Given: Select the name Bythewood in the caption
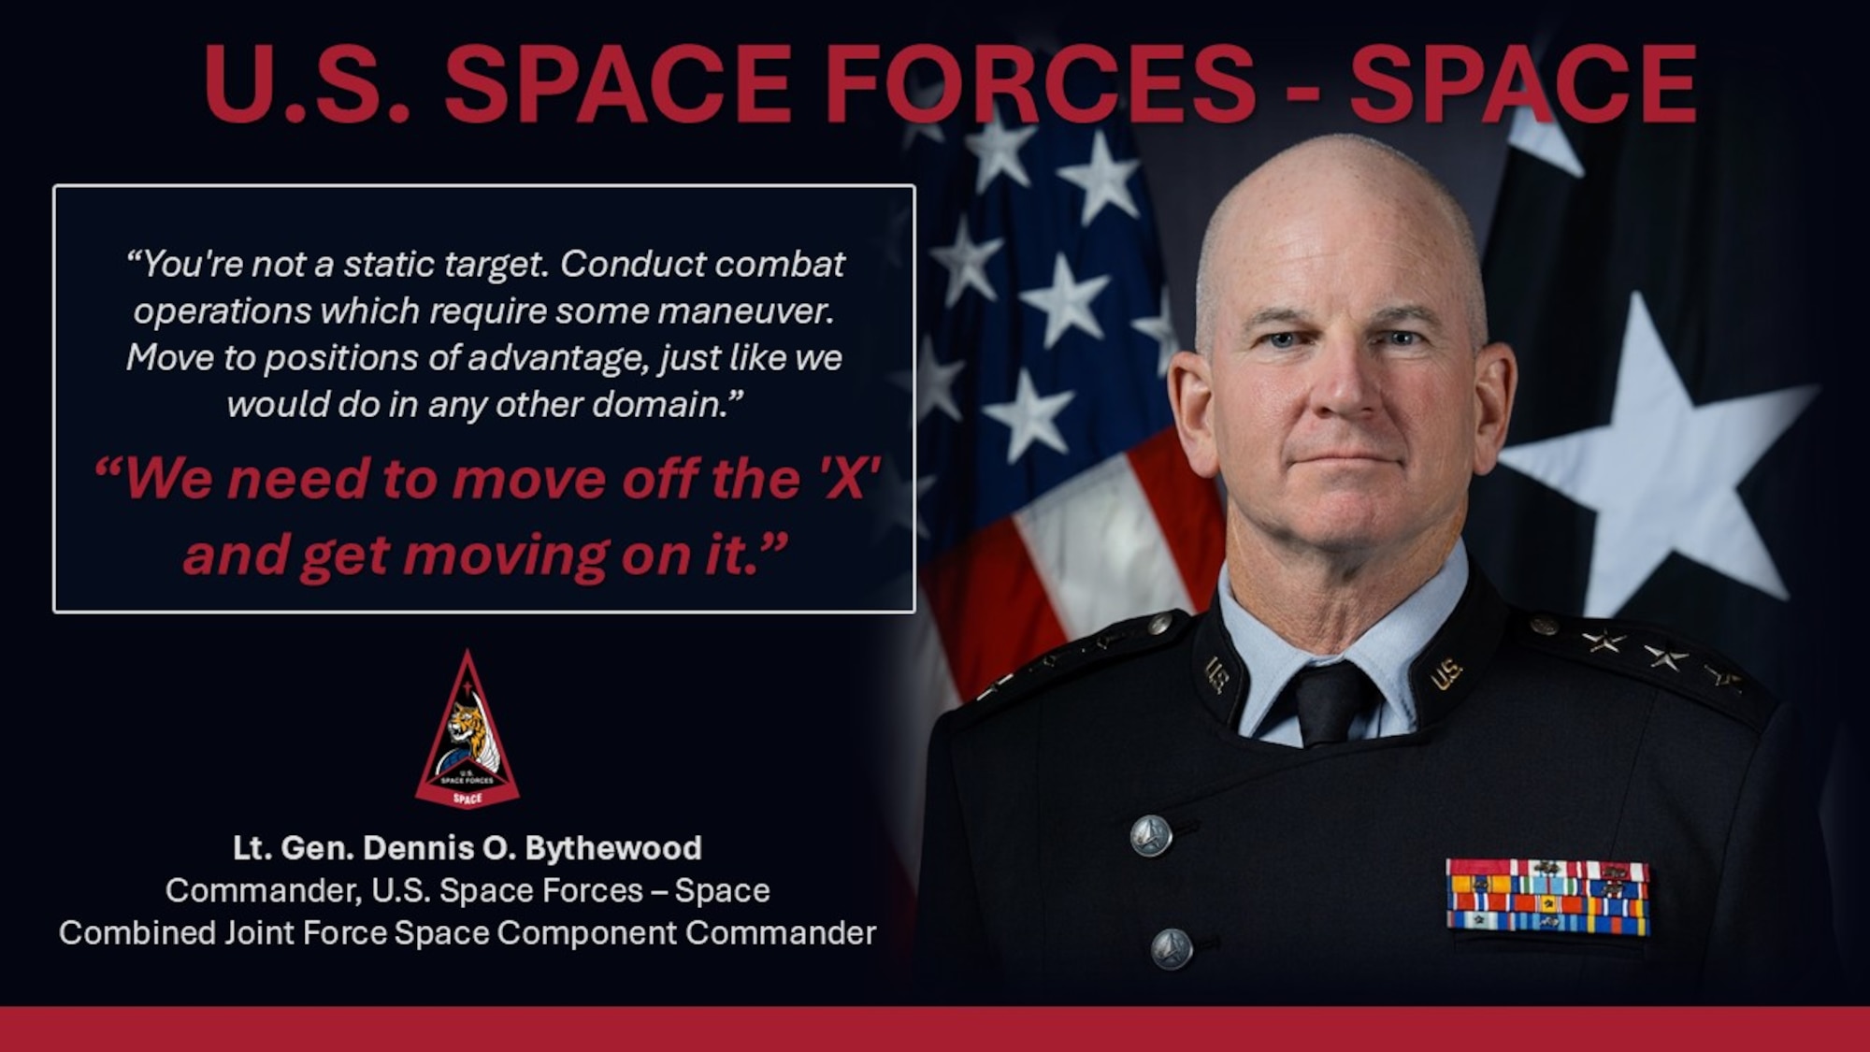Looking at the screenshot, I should click(x=613, y=848).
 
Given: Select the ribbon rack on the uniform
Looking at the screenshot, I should click(x=1547, y=896).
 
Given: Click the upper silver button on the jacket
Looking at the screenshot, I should click(x=1150, y=834).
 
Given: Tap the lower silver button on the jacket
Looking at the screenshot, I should click(x=1171, y=949).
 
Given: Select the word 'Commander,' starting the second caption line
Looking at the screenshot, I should click(x=264, y=891).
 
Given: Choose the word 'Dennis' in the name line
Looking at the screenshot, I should click(x=418, y=848).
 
